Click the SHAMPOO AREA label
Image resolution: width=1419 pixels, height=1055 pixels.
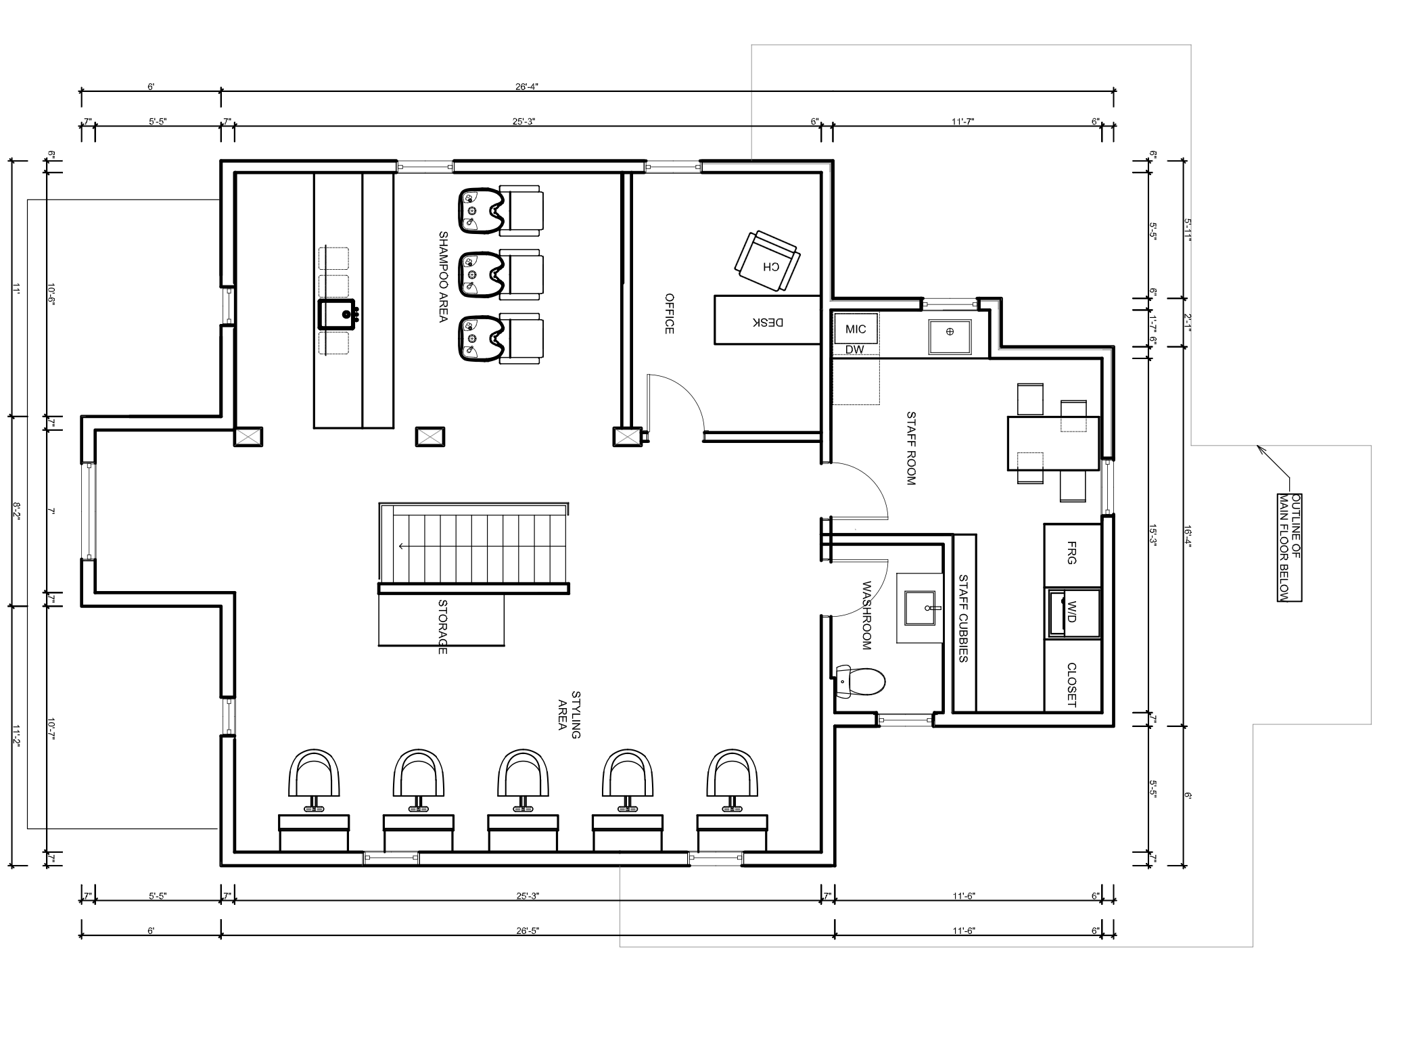pos(444,277)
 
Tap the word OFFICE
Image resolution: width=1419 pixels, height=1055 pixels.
pos(670,313)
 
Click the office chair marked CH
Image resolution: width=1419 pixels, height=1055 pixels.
pos(767,262)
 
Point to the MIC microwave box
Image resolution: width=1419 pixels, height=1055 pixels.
pos(856,329)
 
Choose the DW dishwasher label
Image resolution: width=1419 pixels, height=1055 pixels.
pos(855,350)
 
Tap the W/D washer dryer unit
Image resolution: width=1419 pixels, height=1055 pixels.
pos(1073,613)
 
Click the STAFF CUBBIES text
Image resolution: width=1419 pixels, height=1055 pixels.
pos(964,618)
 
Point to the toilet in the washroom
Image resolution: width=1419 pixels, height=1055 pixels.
pos(860,681)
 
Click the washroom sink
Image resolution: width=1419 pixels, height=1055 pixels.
pos(920,608)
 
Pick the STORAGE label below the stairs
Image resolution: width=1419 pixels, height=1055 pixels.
pos(443,627)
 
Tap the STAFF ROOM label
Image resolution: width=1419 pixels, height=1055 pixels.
pos(910,448)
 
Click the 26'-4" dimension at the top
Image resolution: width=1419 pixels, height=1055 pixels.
pos(526,87)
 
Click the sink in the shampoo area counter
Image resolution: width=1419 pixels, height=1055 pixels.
pos(338,314)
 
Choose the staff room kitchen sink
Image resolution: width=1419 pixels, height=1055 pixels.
pos(950,331)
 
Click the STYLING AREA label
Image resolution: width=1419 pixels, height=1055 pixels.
pos(569,714)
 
